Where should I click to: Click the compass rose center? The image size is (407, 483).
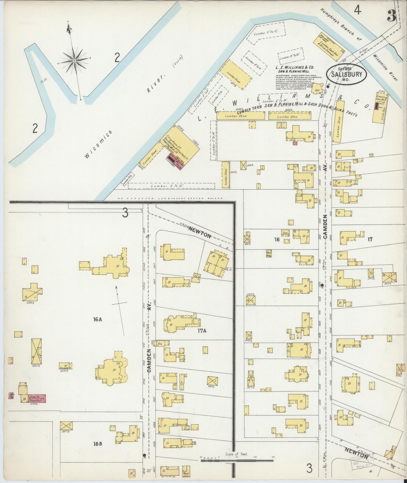(74, 61)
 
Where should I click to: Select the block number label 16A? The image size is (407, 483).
(97, 319)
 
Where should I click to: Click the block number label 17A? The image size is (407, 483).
(202, 331)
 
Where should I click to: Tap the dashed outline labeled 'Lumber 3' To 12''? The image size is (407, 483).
(171, 186)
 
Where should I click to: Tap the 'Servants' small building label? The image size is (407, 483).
(65, 368)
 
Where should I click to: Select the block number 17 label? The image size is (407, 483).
(370, 239)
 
